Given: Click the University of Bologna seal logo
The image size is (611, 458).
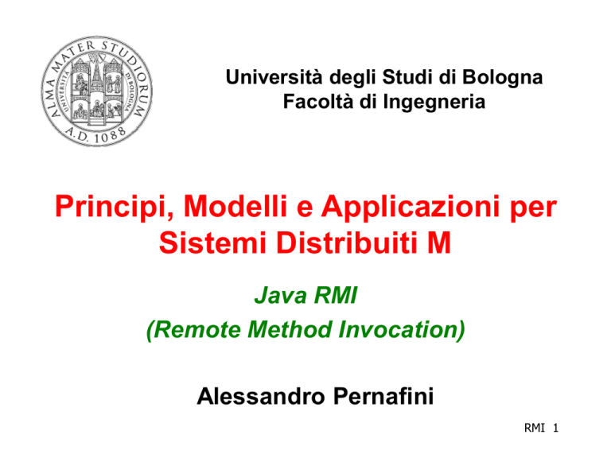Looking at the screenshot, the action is pos(96,91).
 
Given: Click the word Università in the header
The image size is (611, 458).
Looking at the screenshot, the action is pos(274,76).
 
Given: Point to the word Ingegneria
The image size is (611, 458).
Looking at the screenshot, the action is pos(434,103).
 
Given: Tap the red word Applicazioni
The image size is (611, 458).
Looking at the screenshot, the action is pos(411,208).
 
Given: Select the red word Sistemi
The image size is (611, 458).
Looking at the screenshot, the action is pos(212,243).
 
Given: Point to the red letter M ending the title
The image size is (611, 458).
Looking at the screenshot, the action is pos(439,243).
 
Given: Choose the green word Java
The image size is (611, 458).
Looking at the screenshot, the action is pos(281,295).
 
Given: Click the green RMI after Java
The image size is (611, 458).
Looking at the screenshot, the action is pos(336,295).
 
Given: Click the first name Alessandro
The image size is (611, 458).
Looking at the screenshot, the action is pos(261,397).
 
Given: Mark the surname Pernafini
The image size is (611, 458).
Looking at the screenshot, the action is pos(383,397).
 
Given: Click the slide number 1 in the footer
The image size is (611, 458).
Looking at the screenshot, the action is pos(555,428).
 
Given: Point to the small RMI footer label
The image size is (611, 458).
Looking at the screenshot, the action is pos(535,428).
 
